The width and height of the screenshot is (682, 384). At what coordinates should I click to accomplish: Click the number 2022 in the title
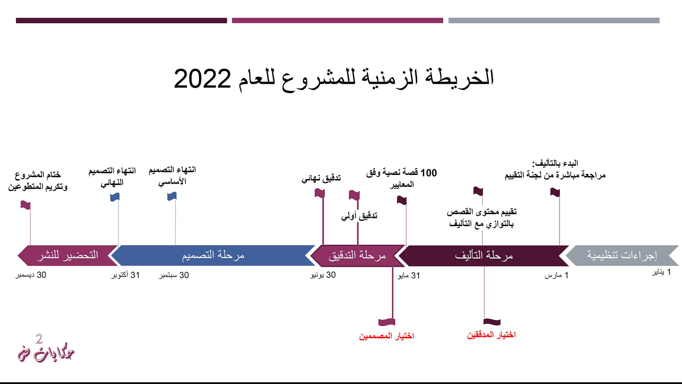[202, 79]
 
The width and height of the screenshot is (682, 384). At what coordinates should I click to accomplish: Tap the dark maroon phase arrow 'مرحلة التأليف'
[484, 255]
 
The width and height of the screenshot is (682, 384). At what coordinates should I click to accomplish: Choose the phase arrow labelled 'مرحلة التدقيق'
[357, 255]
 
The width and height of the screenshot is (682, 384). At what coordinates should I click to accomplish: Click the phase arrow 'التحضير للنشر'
[68, 255]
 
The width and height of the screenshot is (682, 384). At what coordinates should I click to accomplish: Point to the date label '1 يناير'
[662, 272]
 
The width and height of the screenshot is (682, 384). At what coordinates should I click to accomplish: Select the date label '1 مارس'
[556, 275]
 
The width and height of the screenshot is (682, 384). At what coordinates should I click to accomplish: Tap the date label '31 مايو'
[409, 276]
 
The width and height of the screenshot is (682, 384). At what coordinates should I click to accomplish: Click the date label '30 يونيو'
[323, 275]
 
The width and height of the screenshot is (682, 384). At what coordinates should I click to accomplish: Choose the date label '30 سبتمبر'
[174, 275]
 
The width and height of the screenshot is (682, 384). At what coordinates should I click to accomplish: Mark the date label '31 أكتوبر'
[125, 275]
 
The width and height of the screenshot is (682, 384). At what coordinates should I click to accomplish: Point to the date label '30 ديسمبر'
[31, 275]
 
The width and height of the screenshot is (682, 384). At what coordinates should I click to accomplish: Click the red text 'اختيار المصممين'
[386, 336]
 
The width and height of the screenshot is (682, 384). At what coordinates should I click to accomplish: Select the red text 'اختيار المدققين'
[491, 335]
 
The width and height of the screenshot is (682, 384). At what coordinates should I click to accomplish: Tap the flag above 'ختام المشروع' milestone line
[26, 205]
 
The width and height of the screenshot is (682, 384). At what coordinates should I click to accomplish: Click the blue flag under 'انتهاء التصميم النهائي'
[115, 197]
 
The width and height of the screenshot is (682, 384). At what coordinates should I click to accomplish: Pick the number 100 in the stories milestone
[429, 173]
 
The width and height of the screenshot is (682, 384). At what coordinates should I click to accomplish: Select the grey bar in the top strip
[554, 20]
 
